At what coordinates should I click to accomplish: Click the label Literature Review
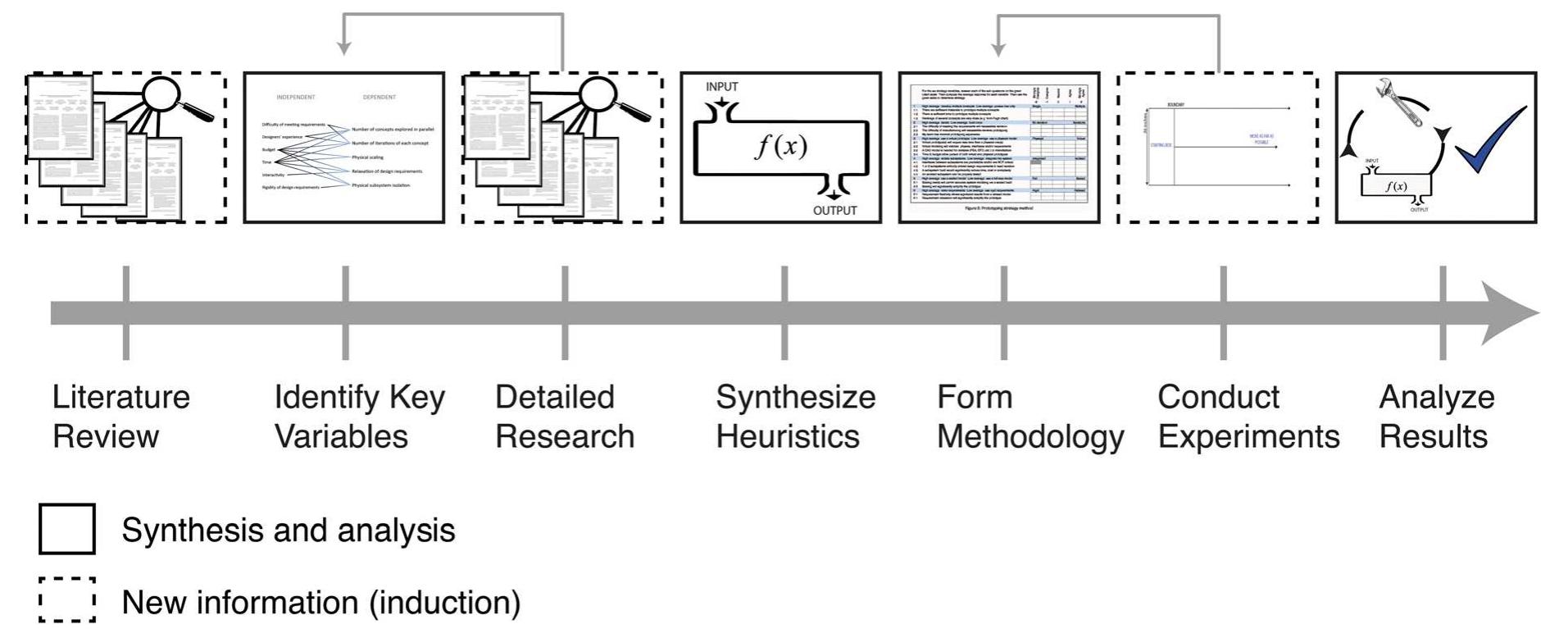coord(120,417)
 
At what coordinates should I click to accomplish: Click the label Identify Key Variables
coord(359,417)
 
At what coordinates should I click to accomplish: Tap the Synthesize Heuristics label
coord(795,417)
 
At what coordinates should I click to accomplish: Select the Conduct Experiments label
coord(1248,417)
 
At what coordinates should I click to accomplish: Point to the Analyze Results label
coord(1436,417)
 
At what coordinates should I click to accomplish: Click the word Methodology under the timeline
coord(1030,437)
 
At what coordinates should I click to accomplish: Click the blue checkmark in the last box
coord(1489,141)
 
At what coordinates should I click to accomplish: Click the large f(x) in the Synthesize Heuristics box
coord(780,146)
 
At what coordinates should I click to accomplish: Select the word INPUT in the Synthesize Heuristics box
coord(721,87)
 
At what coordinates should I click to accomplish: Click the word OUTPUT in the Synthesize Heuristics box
coord(834,211)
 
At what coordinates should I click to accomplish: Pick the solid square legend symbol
coord(67,529)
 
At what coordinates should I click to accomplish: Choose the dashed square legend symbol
coord(67,600)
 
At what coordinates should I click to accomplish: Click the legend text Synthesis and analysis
coord(288,531)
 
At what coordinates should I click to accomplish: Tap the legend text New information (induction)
coord(320,603)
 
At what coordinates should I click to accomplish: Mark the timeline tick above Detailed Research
coord(565,312)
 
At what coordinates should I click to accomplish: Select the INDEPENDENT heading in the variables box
coord(295,97)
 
